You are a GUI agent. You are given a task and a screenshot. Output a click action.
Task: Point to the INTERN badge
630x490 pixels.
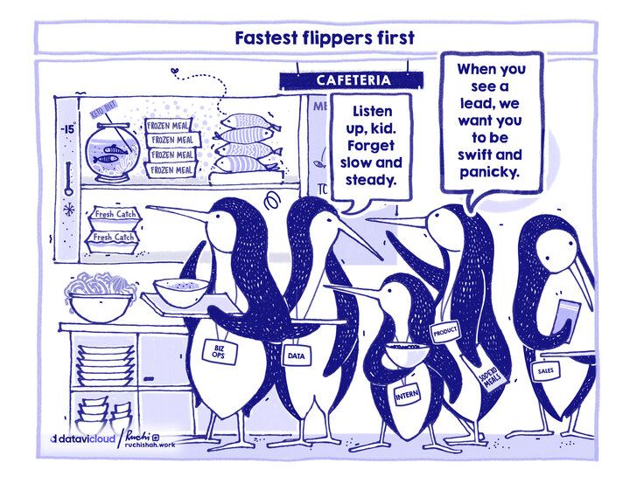(x=407, y=396)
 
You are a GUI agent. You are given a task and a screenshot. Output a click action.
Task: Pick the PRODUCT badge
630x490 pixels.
(x=446, y=330)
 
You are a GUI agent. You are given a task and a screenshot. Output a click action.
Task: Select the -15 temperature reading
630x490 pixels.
(x=70, y=130)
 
